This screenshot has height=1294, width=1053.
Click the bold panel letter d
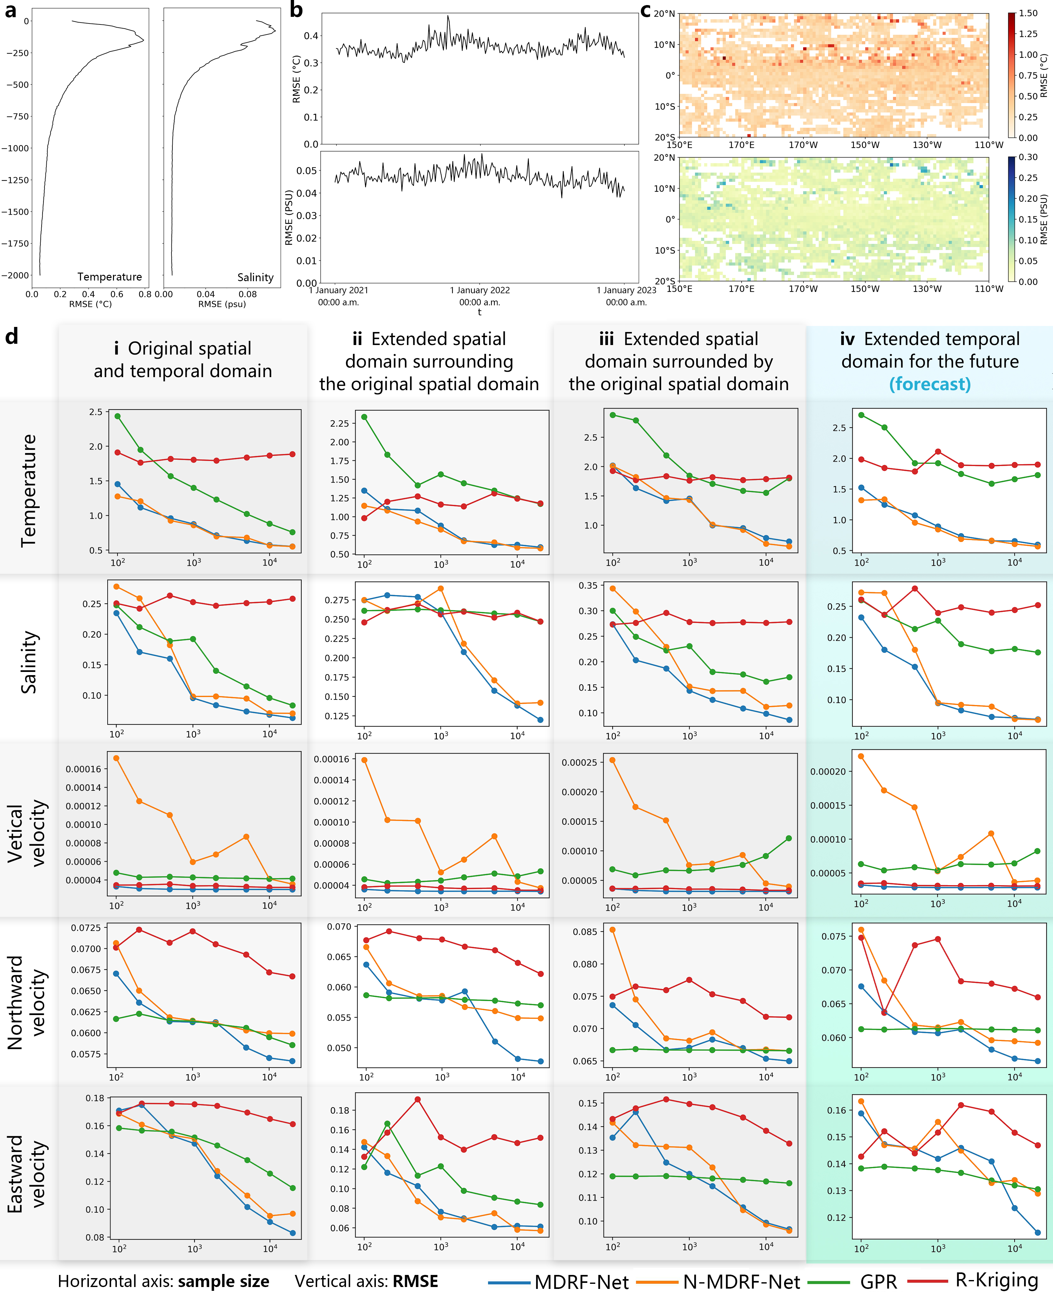pos(11,335)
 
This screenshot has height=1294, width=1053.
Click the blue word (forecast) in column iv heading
pos(930,384)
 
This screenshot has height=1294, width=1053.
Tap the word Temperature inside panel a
pos(109,277)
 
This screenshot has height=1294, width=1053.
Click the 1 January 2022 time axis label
pos(479,290)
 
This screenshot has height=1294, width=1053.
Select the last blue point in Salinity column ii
pos(540,720)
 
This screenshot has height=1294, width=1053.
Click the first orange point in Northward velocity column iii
pos(613,929)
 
